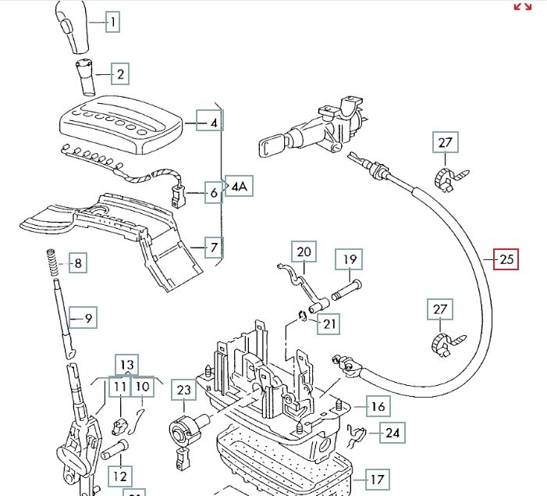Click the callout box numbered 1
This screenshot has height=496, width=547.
[x=112, y=22]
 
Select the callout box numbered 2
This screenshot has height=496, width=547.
[x=119, y=75]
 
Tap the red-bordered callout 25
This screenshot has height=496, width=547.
[x=506, y=259]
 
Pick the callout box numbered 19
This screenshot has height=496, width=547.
[x=350, y=259]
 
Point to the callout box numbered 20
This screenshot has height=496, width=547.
[x=304, y=252]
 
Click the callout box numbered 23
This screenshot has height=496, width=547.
[x=183, y=391]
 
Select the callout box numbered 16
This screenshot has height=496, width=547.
[x=378, y=406]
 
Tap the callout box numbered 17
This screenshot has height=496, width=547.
[x=378, y=479]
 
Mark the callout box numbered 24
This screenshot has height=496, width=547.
[x=392, y=432]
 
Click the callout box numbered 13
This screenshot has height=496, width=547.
[x=126, y=365]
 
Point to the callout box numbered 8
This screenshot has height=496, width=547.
[x=77, y=263]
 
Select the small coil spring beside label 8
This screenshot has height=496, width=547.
[x=52, y=262]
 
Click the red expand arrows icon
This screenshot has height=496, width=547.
[x=522, y=7]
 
